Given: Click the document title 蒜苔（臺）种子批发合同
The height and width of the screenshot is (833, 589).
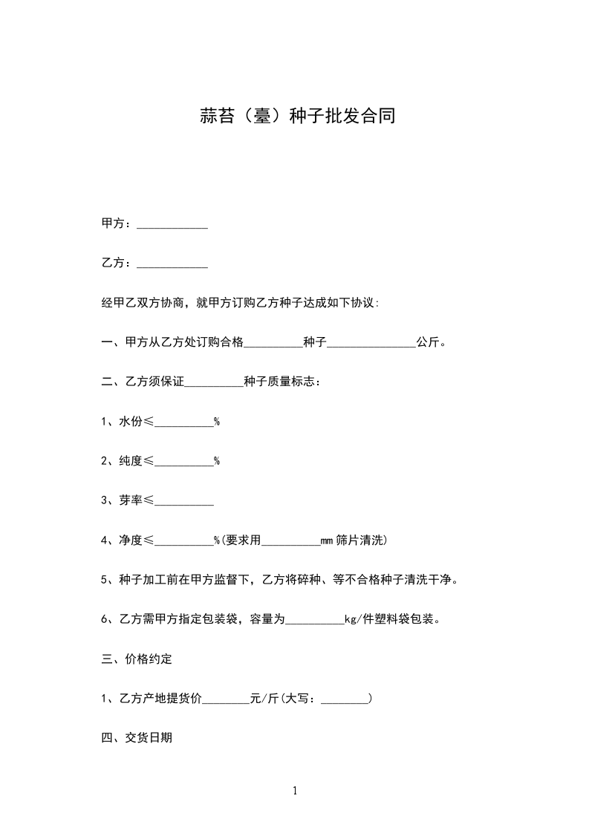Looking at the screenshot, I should coord(295,117).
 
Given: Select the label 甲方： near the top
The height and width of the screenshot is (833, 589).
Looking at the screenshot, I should coord(116,223).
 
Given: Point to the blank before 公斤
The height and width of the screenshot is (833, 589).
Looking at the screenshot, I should coord(371,344).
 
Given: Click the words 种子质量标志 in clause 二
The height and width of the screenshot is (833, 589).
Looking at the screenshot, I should coord(279,382).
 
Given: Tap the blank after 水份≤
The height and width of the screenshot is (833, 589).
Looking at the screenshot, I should coord(183,423).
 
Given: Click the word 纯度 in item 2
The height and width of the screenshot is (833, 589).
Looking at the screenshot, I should coord(131,461).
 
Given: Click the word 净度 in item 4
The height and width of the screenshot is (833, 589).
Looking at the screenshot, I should coord(131,540).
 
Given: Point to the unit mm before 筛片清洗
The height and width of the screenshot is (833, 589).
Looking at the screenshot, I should coord(327,541).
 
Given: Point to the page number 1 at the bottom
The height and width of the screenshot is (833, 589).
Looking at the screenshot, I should coord(295,791).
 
